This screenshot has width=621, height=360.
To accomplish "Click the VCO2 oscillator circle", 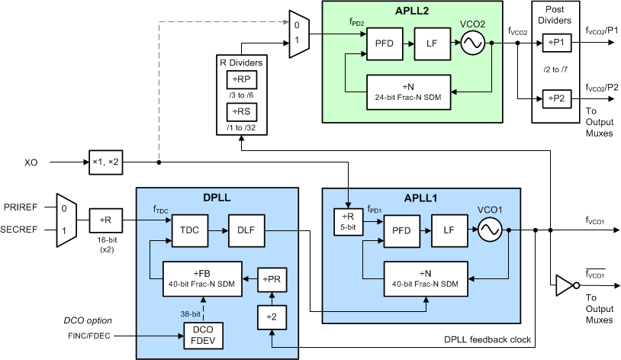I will point(473,43).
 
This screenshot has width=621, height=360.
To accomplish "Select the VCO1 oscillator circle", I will point(490,229).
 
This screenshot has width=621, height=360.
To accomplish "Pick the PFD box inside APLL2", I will point(384,44).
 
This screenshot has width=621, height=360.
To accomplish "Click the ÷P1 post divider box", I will point(556,43).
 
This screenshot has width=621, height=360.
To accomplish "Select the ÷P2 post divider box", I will point(556,98).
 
